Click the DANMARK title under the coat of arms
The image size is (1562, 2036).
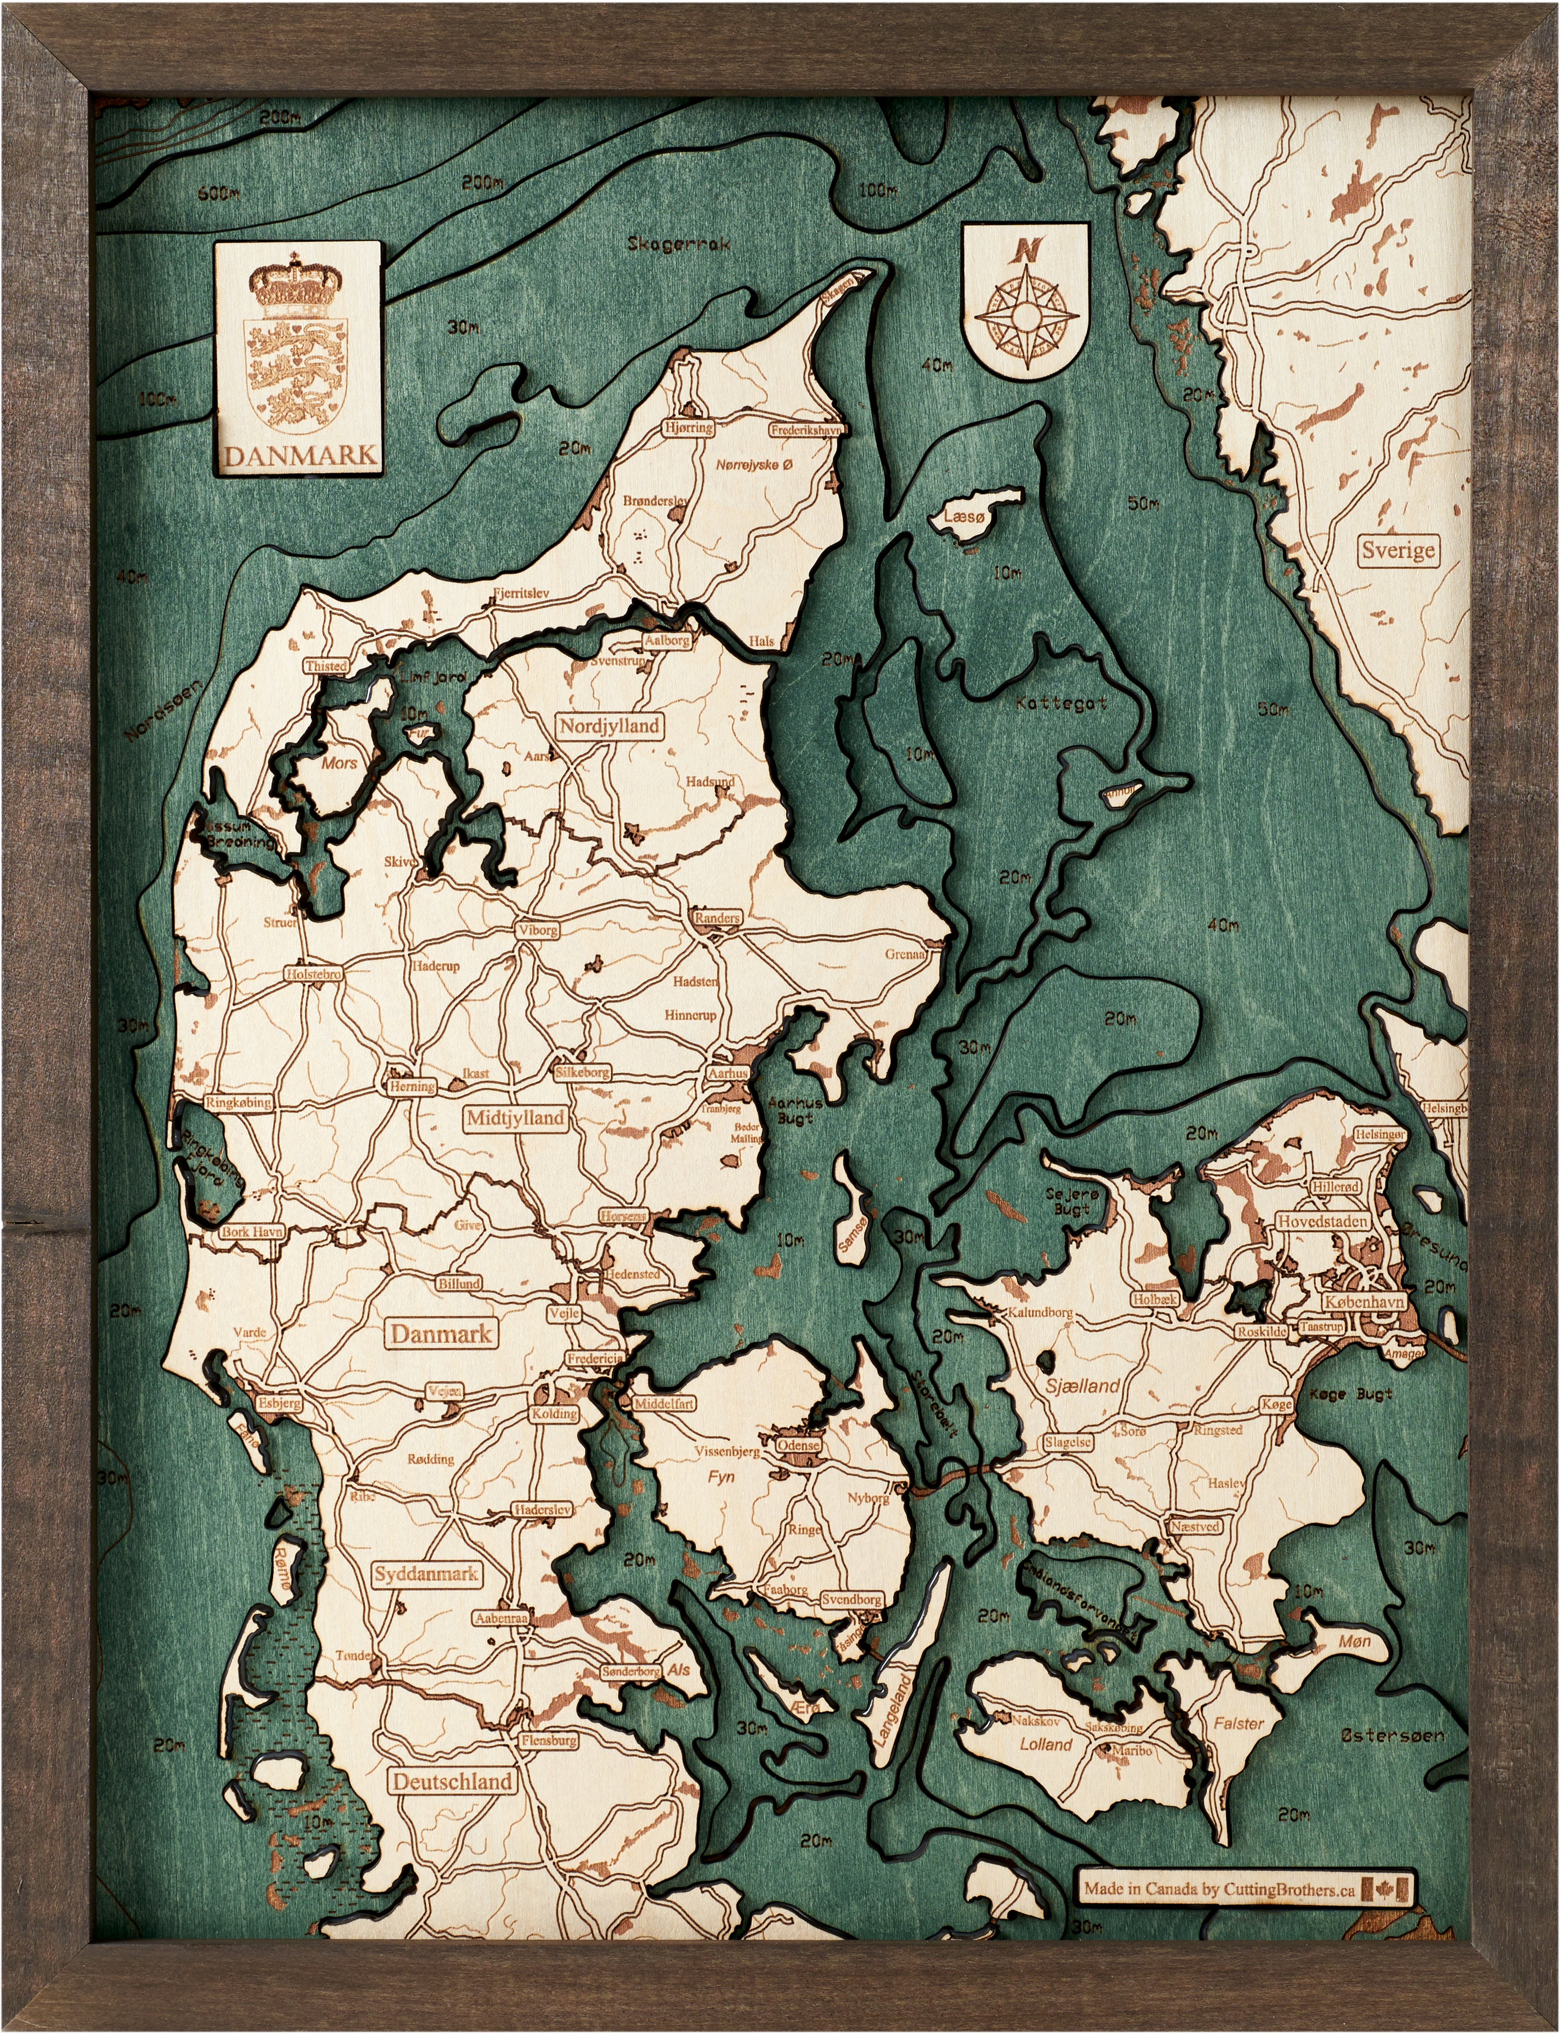(x=300, y=455)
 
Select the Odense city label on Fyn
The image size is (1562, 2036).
(x=798, y=1445)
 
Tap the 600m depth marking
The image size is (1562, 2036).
(x=219, y=194)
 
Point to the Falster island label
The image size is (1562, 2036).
(x=1238, y=1723)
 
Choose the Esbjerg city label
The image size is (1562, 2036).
(x=279, y=1403)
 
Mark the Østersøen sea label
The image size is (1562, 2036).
(x=1392, y=1735)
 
